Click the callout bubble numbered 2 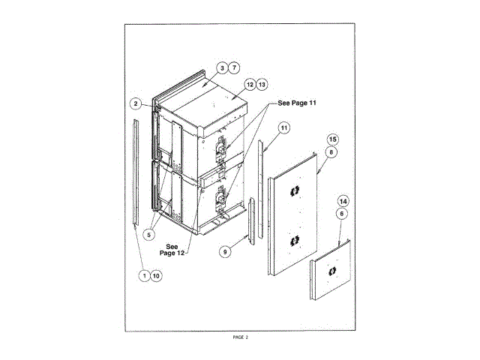pos(136,103)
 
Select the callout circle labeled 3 pos(222,67)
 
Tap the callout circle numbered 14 pos(343,202)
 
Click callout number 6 pos(343,213)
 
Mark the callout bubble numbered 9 pos(224,252)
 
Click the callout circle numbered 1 pos(143,275)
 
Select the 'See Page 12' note pos(172,250)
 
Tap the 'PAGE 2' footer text pos(240,337)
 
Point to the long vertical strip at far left pos(136,172)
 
